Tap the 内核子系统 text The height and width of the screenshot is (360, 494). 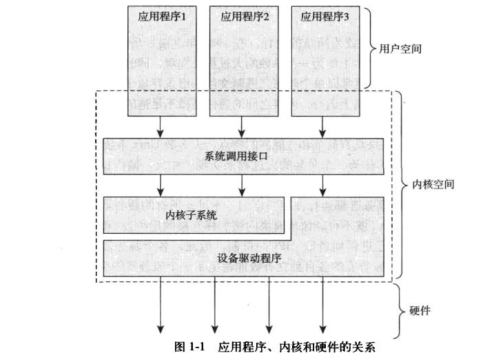click(192, 215)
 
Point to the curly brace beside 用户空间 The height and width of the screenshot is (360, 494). click(369, 50)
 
